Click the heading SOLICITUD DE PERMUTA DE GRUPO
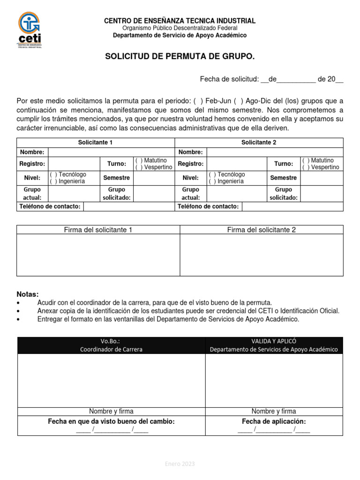pos(180,57)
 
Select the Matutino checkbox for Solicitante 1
pos(137,161)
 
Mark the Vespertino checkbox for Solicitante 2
pos(305,167)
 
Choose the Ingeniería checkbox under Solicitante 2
pos(212,181)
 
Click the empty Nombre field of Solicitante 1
pos(111,152)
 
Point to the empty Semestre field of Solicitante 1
pos(154,178)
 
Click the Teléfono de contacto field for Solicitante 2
pos(292,207)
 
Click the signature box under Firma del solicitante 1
pos(98,255)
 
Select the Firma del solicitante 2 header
pos(262,230)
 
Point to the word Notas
pos(28,294)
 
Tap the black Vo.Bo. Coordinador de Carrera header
pos(112,345)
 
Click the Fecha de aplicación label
pos(274,421)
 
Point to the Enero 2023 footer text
pos(180,464)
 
